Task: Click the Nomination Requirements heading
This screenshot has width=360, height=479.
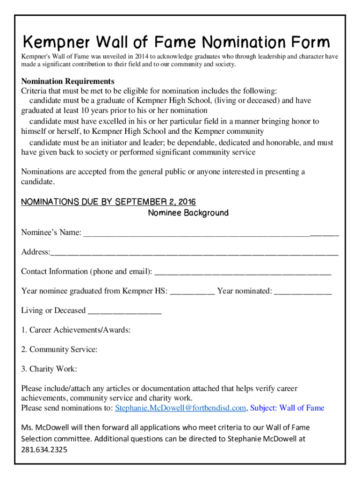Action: coord(68,81)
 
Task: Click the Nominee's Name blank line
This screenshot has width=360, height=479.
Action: coord(211,233)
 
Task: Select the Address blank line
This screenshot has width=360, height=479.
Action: coord(194,253)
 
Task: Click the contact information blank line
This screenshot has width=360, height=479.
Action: coord(243,272)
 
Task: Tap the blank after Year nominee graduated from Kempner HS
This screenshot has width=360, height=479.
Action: coord(193,292)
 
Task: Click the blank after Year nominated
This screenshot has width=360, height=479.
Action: coord(303,292)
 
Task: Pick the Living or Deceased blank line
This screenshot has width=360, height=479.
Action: coord(124,311)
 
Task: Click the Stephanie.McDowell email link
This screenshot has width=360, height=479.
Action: coord(180,408)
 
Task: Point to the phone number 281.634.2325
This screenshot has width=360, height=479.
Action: coord(44,450)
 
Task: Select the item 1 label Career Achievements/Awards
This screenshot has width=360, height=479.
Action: coord(76,330)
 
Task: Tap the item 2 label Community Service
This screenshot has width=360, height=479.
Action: coord(59,349)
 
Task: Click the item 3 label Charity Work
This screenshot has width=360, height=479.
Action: coord(49,369)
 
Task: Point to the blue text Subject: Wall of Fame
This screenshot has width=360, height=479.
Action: coord(287,408)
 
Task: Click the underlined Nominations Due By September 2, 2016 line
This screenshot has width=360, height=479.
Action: coord(108,202)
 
